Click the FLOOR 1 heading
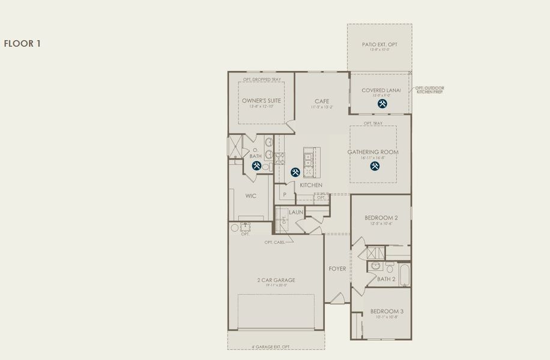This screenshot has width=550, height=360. coord(22,44)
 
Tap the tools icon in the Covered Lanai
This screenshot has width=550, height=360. coord(382,104)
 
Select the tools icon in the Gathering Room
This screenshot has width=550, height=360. coord(375,166)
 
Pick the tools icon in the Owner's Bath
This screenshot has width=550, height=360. coord(256,166)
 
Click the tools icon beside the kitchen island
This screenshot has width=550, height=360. coord(295,172)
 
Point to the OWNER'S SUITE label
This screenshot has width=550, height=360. coord(261,100)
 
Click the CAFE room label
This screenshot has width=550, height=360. coord(322,101)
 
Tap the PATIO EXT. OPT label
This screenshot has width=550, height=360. coord(379,45)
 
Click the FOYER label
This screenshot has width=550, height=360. coord(337,269)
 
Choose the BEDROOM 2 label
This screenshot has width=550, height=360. coord(381,217)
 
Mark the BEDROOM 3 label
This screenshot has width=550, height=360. coord(387,311)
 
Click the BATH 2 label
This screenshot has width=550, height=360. coord(386,279)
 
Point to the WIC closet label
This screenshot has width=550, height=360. coord(251,196)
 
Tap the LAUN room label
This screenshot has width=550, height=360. coord(295,212)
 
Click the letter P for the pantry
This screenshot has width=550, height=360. coord(285,195)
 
